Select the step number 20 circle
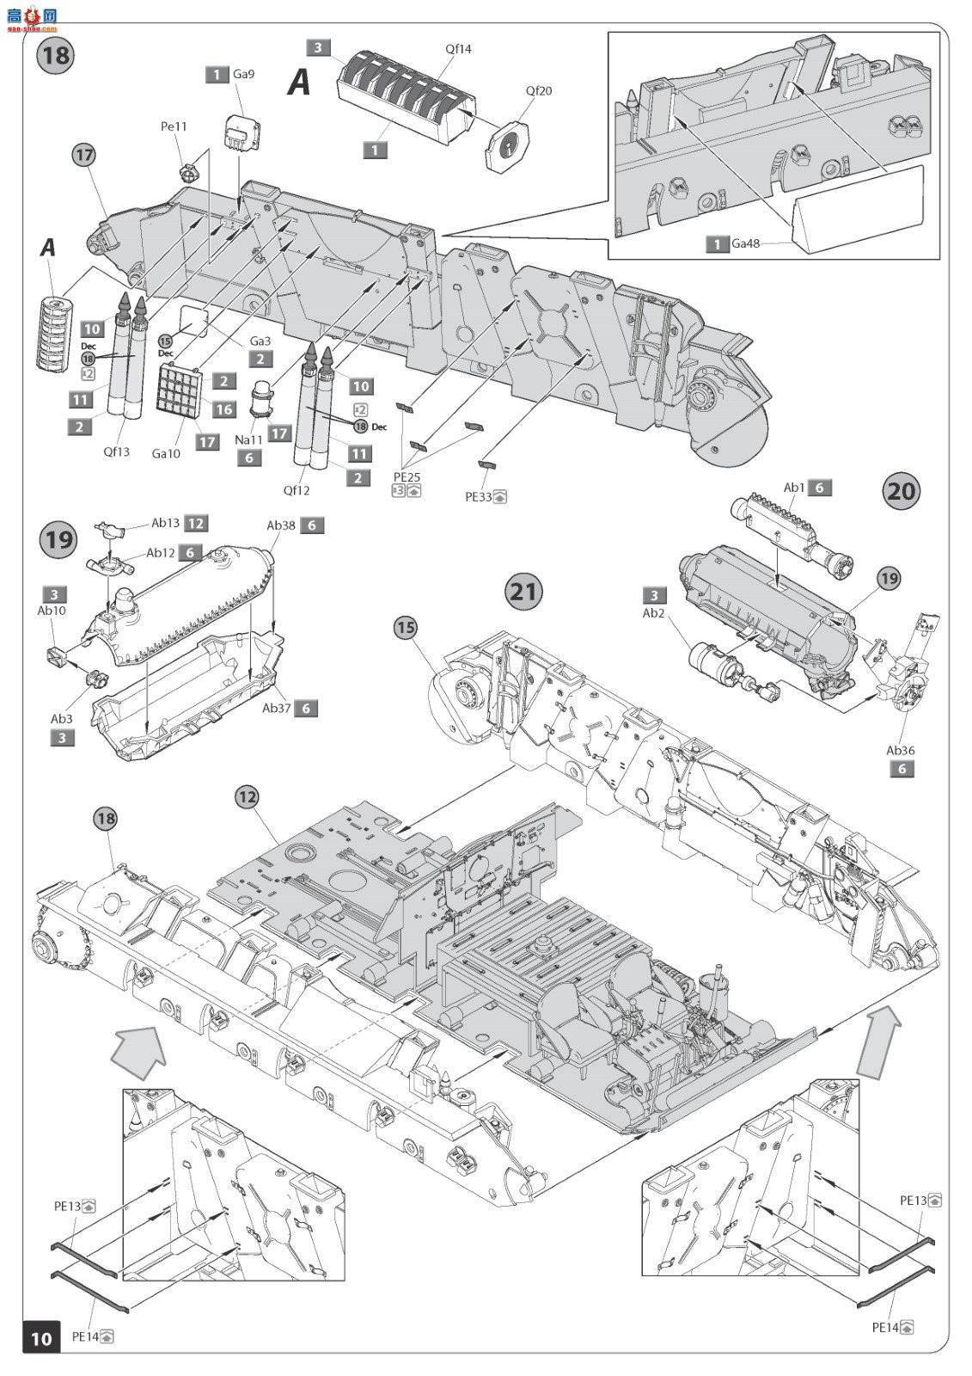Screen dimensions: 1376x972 902,491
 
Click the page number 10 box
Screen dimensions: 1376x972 41,1338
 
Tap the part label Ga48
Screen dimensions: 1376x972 747,244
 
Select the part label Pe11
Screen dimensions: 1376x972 174,126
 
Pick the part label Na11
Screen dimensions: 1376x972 248,440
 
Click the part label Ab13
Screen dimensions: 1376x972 166,523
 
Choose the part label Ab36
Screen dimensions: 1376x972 902,750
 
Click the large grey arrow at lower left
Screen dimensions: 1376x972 138,1050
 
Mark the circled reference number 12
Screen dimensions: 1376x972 247,798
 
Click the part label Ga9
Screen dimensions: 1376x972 244,74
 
